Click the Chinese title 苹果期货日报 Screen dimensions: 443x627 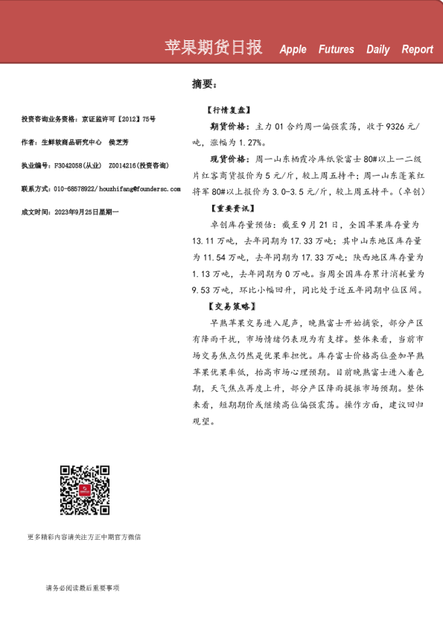[213, 48]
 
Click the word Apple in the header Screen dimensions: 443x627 [293, 50]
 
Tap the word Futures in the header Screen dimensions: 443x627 [336, 50]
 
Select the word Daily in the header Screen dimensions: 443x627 [377, 50]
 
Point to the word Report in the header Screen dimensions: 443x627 [417, 50]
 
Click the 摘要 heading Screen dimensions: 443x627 [204, 85]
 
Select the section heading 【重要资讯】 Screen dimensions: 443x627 [232, 208]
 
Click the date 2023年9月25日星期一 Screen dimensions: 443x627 [84, 212]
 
